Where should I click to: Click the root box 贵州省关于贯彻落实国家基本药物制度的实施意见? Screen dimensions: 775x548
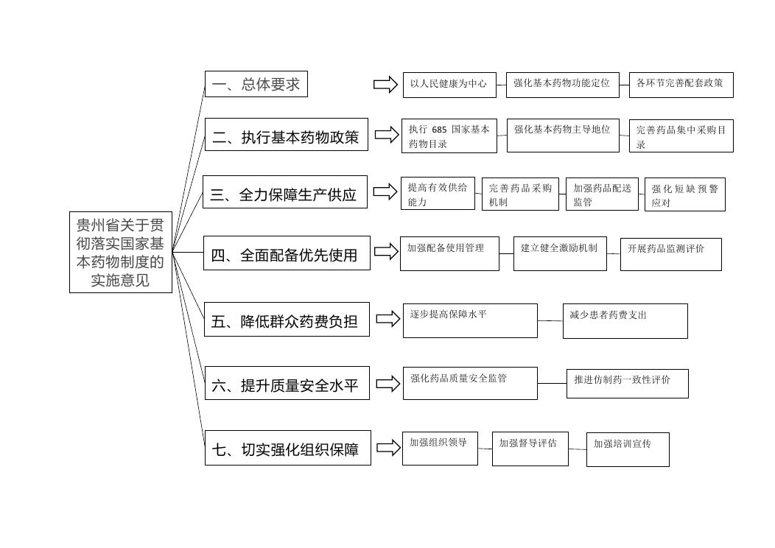121,253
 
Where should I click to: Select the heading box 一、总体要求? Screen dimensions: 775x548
256,84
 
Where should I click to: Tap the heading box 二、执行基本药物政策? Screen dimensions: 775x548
286,134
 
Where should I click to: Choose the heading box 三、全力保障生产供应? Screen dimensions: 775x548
284,192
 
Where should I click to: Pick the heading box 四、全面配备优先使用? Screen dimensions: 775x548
287,253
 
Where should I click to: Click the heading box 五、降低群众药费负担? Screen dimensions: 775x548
287,319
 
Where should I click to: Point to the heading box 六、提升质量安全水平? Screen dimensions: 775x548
287,383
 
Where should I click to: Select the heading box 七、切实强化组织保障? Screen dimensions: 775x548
287,448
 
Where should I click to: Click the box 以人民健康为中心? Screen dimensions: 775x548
449,85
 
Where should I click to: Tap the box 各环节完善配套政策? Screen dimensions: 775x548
681,85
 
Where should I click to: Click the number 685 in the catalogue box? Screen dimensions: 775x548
439,130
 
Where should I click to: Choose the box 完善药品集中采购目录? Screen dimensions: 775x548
681,136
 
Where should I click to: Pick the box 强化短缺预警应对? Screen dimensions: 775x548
685,194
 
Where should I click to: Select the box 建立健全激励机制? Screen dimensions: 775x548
560,254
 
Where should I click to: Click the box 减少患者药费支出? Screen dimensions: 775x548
625,321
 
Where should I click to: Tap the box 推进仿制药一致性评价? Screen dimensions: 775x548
627,384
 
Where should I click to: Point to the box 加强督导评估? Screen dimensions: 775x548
530,449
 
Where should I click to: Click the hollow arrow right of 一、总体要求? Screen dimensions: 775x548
385,85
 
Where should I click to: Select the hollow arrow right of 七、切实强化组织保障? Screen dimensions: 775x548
388,448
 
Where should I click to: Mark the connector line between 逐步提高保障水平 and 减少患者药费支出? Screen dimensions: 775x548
550,320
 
